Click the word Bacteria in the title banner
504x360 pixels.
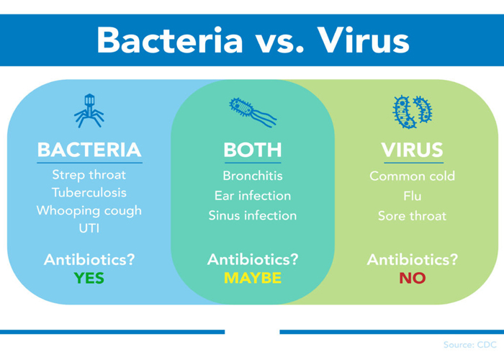point(170,40)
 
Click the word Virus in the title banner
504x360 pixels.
point(363,40)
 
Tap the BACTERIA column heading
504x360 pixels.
point(89,150)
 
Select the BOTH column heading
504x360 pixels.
point(253,150)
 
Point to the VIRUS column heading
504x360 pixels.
point(413,150)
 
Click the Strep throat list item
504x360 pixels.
point(89,175)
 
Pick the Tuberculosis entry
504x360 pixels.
point(89,192)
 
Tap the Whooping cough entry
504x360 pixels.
point(89,211)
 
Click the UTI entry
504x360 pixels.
point(89,228)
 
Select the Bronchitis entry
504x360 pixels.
point(253,176)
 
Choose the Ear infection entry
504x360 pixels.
point(253,196)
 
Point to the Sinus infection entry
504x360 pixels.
point(253,216)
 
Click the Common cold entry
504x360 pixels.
point(413,176)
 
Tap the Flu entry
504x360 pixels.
point(413,196)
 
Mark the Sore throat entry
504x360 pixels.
point(413,216)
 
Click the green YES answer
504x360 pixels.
point(89,278)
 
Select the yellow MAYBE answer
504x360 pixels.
point(253,278)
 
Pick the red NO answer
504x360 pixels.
point(413,278)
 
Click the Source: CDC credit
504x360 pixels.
point(470,345)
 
